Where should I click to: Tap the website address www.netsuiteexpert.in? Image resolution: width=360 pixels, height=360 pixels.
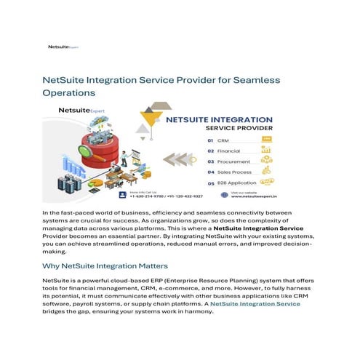coord(284,196)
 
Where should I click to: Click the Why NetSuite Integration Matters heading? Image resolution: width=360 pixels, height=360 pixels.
coord(105,266)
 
